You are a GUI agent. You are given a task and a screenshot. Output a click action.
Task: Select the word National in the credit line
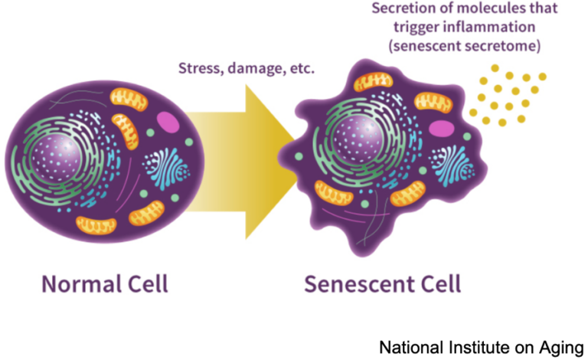[x=408, y=347]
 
